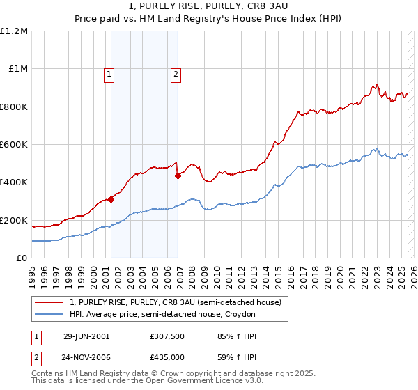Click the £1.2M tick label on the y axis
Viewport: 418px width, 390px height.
tap(14, 31)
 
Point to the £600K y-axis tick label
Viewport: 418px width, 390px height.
tap(14, 145)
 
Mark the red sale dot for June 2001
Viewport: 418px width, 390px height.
tap(111, 200)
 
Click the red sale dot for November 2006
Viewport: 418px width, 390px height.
tap(178, 175)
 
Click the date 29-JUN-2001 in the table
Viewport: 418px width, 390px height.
tap(86, 336)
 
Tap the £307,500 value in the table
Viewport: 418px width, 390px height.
tap(167, 336)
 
